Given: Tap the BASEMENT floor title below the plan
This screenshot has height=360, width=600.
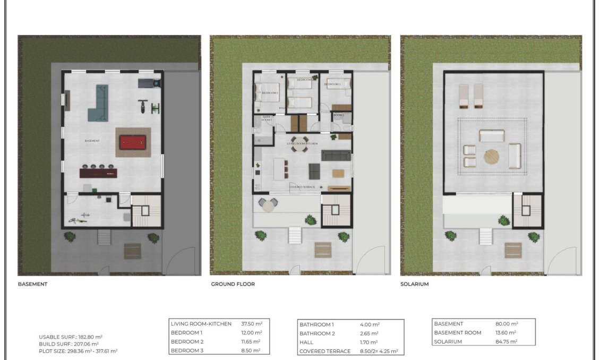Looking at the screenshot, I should click(33, 284).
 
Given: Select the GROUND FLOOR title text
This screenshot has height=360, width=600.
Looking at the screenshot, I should click(233, 284).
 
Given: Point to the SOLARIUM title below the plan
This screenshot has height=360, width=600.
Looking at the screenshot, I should click(415, 284).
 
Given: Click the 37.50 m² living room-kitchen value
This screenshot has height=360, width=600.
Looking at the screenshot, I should click(252, 323).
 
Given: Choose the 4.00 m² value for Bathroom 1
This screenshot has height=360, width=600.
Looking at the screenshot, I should click(369, 324).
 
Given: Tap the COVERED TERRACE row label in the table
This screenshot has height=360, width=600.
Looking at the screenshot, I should click(325, 351).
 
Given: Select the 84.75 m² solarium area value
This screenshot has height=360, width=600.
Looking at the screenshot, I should click(507, 341).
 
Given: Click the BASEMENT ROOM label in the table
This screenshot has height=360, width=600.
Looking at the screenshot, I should click(458, 332).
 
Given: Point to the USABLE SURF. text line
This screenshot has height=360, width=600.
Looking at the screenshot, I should click(71, 337).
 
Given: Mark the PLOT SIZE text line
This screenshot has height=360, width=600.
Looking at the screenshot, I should click(78, 350).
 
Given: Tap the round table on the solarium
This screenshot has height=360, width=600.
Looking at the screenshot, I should click(492, 157).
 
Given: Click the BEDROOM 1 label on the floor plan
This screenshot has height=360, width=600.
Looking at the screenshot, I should click(270, 93).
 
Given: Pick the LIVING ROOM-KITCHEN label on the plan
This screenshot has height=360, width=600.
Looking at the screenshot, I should click(302, 143).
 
